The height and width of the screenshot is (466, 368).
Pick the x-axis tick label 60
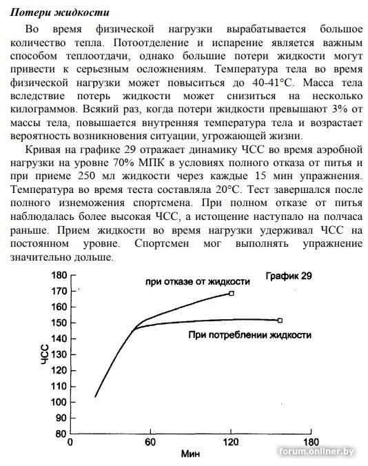click(150, 443)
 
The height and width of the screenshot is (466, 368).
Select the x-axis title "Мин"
click(190, 455)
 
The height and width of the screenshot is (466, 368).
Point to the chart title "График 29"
click(289, 276)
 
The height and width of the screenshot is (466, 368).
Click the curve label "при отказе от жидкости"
click(197, 283)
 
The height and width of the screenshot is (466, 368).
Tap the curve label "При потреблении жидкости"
click(249, 334)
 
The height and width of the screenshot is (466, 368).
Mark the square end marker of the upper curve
click(232, 293)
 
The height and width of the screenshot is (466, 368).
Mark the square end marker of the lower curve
click(280, 320)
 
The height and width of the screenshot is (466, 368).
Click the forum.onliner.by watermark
click(316, 451)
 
